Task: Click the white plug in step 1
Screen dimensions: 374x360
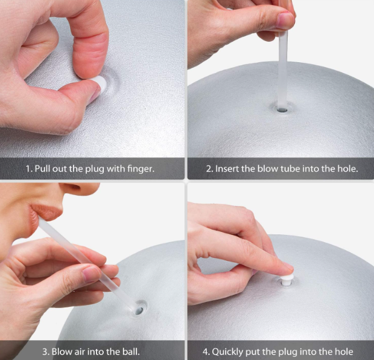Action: point(100,82)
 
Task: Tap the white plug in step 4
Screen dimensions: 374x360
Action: point(286,280)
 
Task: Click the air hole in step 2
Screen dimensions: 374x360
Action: point(282,110)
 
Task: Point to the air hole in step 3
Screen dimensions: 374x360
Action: point(139,311)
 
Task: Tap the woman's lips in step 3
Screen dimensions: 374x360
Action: point(45,212)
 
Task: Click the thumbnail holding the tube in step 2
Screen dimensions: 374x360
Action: point(285,20)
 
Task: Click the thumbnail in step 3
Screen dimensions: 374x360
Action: point(91,274)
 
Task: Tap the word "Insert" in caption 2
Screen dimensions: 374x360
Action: point(227,169)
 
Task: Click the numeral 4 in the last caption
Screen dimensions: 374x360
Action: point(205,352)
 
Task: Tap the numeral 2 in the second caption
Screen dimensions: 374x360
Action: point(209,169)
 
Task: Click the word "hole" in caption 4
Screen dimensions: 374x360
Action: point(343,352)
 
